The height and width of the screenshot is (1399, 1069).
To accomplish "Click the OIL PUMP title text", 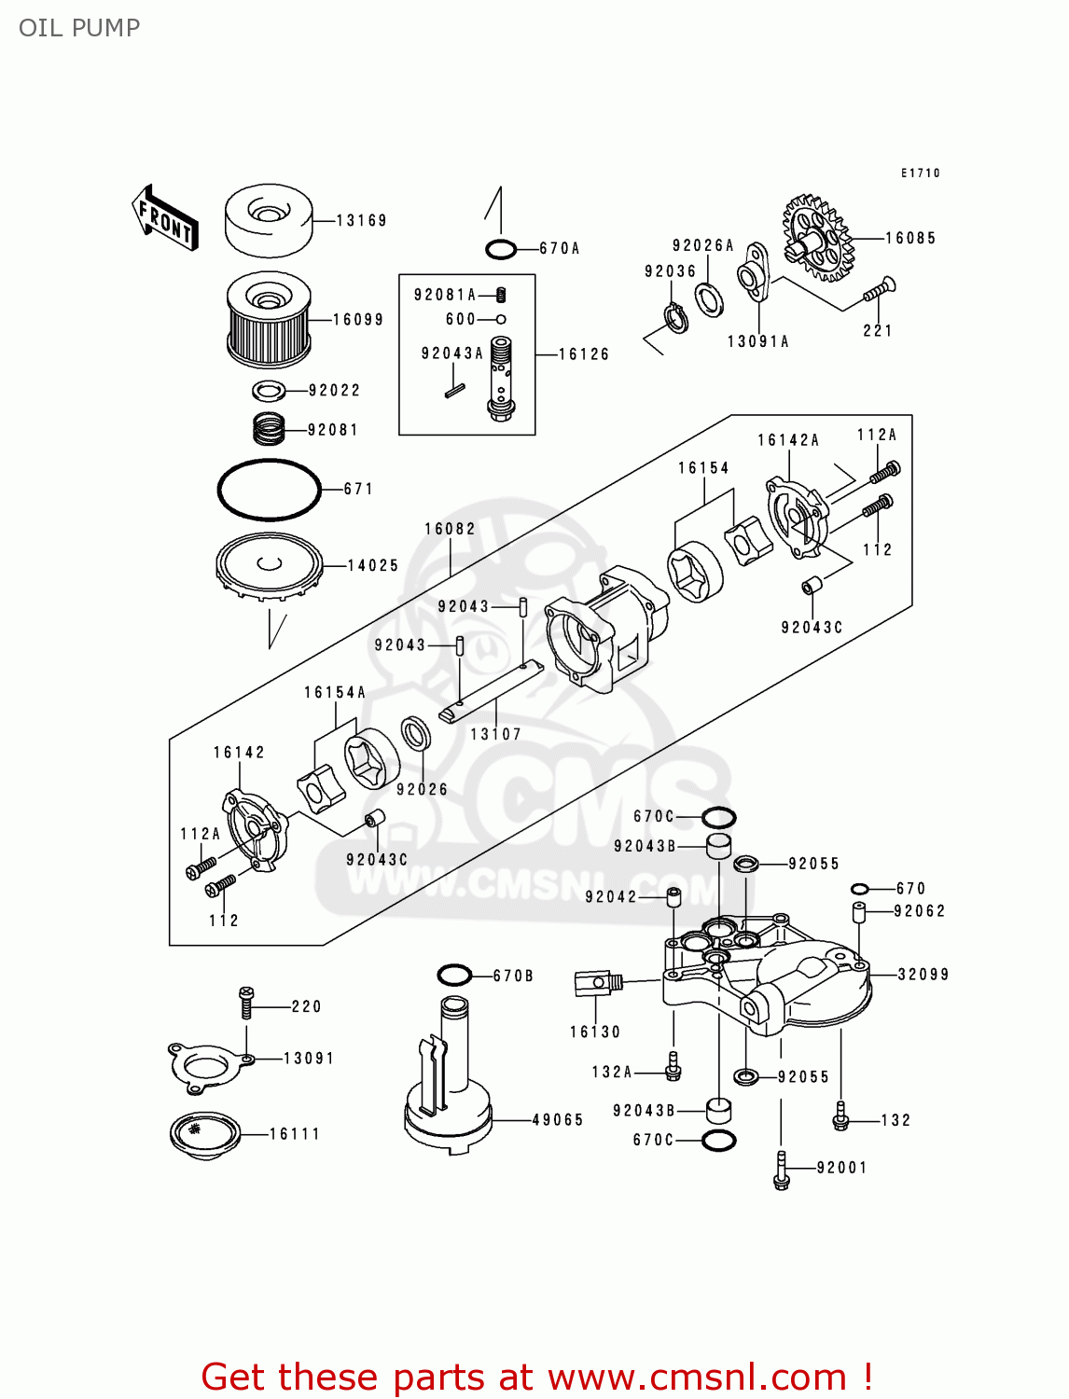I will pyautogui.click(x=79, y=28).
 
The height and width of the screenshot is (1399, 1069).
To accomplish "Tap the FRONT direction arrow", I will pyautogui.click(x=165, y=218).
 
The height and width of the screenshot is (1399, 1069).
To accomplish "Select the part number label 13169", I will pyautogui.click(x=361, y=221).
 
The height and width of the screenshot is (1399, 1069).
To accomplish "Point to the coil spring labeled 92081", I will pyautogui.click(x=269, y=429).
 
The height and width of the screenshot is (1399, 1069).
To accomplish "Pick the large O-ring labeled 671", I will pyautogui.click(x=269, y=489).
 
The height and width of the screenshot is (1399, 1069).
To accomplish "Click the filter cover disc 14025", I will pyautogui.click(x=269, y=566).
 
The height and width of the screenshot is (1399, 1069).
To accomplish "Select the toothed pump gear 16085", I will pyautogui.click(x=817, y=239).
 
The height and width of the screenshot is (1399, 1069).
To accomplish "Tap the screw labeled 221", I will pyautogui.click(x=879, y=290).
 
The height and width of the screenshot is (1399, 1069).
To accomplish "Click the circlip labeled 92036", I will pyautogui.click(x=676, y=317).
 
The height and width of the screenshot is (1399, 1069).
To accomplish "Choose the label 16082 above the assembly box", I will pyautogui.click(x=450, y=529).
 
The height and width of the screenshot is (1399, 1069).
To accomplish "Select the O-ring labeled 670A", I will pyautogui.click(x=501, y=249).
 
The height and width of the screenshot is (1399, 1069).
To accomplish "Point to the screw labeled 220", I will pyautogui.click(x=246, y=1003).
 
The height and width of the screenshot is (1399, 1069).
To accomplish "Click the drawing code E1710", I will pyautogui.click(x=920, y=173).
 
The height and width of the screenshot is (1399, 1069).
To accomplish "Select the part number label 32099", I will pyautogui.click(x=923, y=975).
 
